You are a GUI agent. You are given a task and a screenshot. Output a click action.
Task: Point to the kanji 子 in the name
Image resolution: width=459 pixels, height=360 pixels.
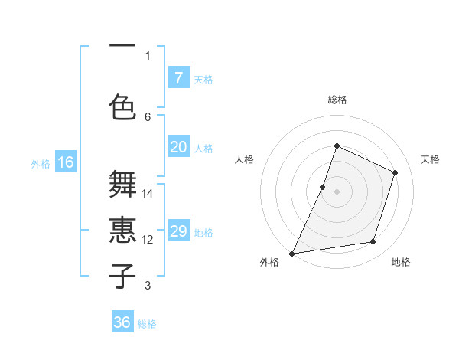(123, 276)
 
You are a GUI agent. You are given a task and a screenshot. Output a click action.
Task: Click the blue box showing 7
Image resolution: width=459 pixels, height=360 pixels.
(178, 78)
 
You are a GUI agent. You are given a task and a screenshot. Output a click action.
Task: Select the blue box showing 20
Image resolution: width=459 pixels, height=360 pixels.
(178, 147)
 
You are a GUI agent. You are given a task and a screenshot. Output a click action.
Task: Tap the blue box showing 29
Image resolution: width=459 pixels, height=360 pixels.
(178, 232)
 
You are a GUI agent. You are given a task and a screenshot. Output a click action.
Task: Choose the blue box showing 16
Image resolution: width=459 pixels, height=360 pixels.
(66, 162)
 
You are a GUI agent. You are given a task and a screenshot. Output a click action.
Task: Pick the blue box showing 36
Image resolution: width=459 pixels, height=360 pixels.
(122, 322)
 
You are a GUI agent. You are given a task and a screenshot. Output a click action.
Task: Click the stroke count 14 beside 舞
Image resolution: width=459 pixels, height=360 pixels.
(148, 194)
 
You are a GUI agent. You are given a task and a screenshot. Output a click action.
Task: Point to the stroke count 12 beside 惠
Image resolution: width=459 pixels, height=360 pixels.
(148, 240)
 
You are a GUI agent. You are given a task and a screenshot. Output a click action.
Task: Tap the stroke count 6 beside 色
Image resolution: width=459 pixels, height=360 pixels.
(148, 116)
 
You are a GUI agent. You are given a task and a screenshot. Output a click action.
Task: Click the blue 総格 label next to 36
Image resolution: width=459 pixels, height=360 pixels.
(147, 324)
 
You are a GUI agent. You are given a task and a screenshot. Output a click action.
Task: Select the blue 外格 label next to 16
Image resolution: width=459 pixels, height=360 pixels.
(41, 163)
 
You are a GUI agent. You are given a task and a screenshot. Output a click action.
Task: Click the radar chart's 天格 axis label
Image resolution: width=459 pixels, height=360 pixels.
(430, 159)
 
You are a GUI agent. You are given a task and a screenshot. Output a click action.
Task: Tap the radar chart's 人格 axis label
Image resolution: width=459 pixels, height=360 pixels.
(244, 159)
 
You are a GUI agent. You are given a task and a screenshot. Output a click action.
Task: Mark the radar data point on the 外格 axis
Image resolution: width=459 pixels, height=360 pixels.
(292, 253)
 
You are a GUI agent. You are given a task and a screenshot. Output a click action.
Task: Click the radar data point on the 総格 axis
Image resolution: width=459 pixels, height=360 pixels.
(337, 146)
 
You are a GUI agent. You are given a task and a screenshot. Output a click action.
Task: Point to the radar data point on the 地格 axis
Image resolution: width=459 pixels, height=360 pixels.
(373, 242)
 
